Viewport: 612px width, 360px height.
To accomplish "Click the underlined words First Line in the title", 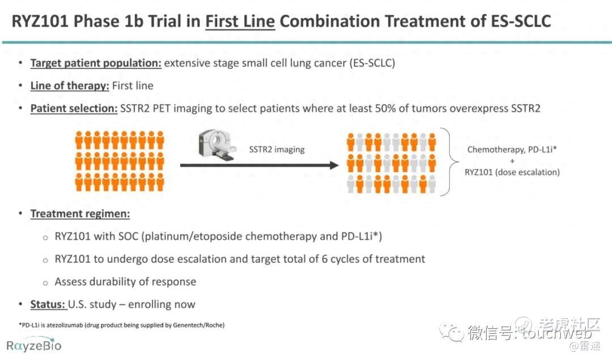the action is pos(240,21).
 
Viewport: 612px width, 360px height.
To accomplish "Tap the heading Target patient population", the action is pos(96,63).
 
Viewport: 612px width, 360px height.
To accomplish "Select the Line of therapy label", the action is pos(70,86).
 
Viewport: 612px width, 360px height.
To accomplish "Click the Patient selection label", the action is pos(74,108).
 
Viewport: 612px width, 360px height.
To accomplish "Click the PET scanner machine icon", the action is pos(216,145).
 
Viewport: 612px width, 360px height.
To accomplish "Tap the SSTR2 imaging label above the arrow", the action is pos(277,150).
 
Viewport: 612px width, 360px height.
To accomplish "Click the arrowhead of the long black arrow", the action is pos(334,165).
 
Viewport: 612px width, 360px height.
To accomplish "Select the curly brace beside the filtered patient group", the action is pos(452,161).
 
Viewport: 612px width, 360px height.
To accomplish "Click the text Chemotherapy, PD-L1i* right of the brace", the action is pos(512,150).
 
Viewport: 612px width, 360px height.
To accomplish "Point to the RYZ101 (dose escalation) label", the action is pos(512,172).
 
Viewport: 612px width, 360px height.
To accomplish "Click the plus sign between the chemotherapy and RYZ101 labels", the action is pos(512,161).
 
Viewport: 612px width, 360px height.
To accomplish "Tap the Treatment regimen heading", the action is pos(80,214).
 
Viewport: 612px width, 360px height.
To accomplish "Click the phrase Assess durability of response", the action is pos(125,282).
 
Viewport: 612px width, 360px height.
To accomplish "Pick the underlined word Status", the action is pos(48,304).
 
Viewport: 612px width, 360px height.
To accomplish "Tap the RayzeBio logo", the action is pos(34,345).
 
